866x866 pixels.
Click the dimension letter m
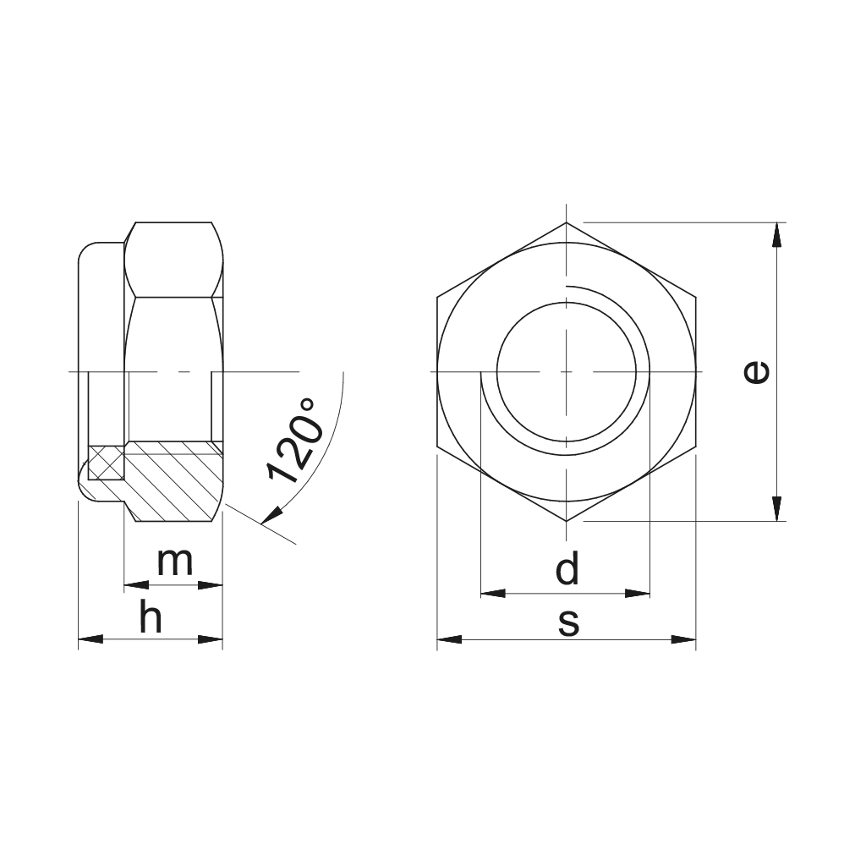pos(175,562)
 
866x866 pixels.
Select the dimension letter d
pos(567,567)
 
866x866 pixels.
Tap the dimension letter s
pos(568,622)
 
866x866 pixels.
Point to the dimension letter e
pos(755,372)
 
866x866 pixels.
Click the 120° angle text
pos(293,440)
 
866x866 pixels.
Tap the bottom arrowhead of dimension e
pos(776,508)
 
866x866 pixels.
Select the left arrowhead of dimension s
pos(450,639)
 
